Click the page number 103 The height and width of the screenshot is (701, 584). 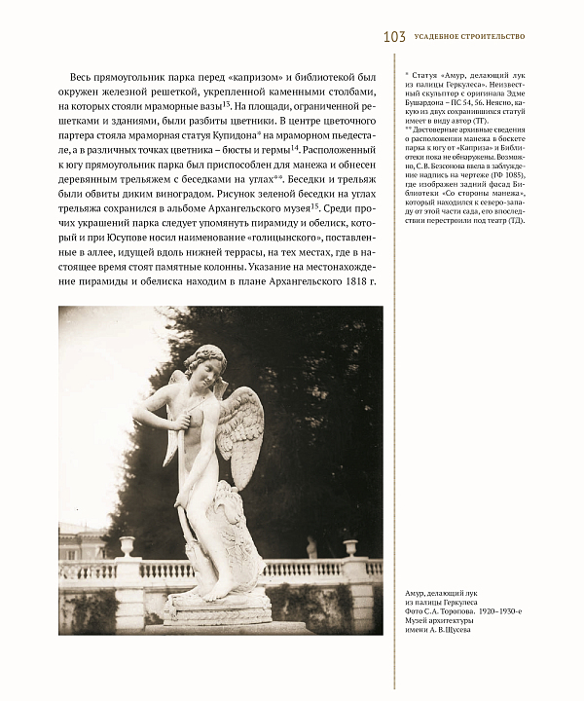pyautogui.click(x=394, y=37)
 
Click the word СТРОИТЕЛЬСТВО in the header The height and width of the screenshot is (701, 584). pyautogui.click(x=491, y=37)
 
